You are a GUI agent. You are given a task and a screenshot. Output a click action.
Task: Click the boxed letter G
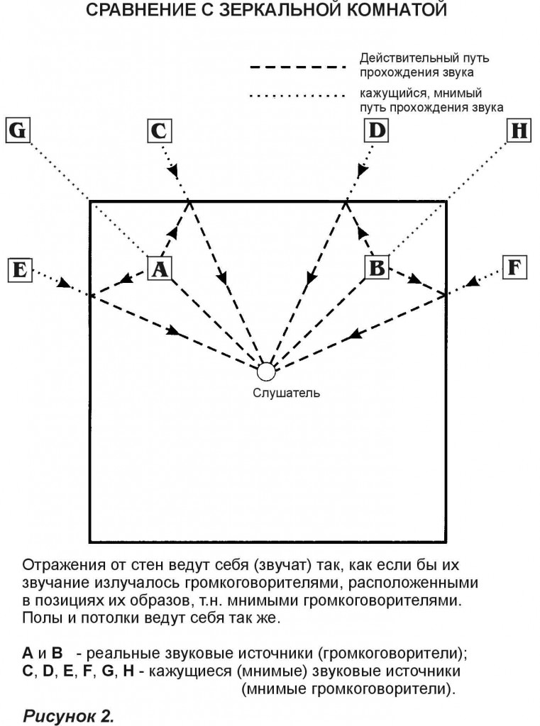tap(19, 131)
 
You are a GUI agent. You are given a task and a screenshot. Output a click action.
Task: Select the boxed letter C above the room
tap(160, 131)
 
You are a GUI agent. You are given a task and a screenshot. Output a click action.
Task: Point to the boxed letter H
tap(520, 131)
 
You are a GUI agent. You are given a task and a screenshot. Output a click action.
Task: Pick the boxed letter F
tap(514, 267)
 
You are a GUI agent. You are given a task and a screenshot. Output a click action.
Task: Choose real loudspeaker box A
tap(161, 269)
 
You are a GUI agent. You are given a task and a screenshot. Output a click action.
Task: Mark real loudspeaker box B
tap(378, 268)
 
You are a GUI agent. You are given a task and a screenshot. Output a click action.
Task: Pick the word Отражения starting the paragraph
tap(62, 566)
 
